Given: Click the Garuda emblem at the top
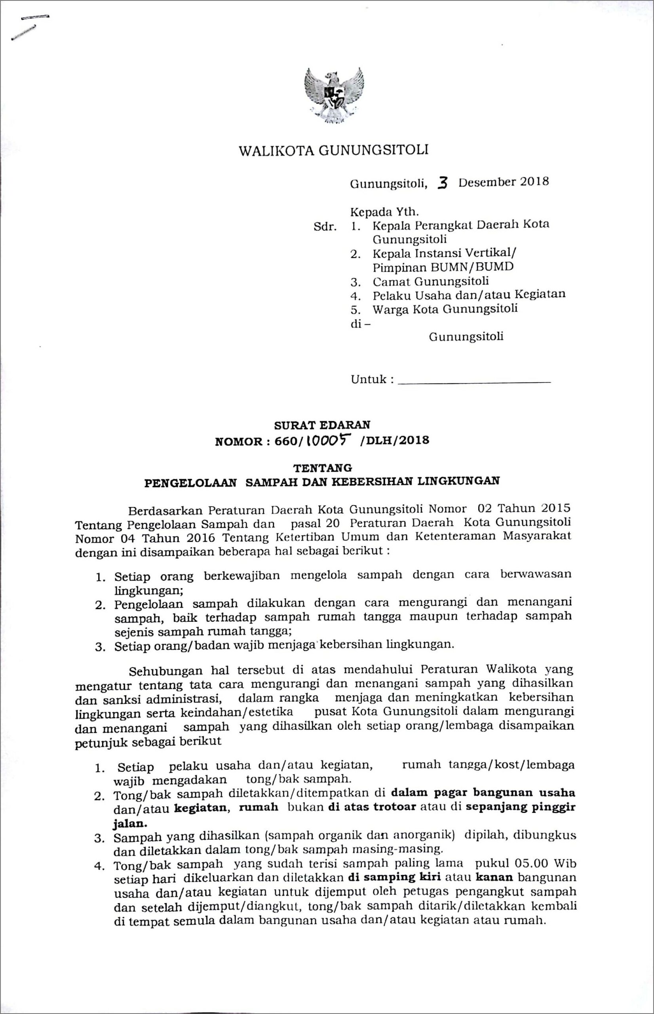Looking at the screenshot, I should (334, 96).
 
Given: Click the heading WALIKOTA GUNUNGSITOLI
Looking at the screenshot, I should (333, 151).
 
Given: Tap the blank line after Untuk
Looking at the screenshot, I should (475, 383).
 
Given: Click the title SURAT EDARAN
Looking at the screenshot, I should (322, 425).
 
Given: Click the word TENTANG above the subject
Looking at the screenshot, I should (323, 468).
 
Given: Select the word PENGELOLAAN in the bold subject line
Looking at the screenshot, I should (190, 482).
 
